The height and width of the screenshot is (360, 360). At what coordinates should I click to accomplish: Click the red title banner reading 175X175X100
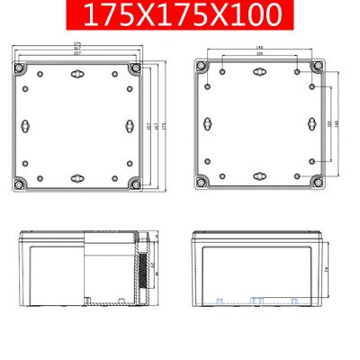179,15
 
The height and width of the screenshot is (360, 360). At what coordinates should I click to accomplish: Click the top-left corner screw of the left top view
19,69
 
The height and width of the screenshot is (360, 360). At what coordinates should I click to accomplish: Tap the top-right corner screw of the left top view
134,69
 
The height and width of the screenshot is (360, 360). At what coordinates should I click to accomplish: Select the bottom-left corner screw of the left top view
19,184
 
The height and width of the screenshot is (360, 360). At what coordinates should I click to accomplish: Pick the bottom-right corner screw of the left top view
134,184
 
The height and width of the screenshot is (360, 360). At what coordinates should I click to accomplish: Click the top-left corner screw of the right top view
202,69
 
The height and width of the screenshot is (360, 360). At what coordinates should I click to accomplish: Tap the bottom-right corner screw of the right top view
318,184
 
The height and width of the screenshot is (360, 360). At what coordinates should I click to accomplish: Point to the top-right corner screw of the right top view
318,69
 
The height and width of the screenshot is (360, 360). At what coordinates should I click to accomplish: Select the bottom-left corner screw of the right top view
202,184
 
